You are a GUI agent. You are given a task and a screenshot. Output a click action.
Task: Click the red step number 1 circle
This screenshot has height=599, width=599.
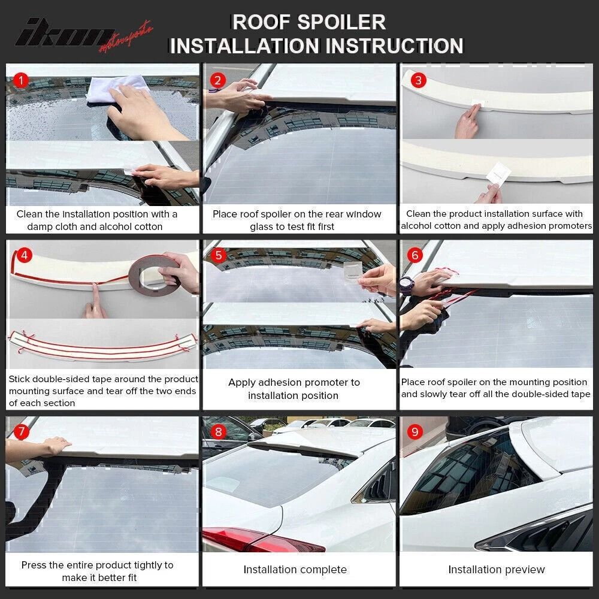[22, 80]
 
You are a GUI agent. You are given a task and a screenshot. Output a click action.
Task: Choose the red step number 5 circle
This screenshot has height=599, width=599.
[219, 255]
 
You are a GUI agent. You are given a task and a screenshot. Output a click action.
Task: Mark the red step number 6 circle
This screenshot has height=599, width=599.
[414, 255]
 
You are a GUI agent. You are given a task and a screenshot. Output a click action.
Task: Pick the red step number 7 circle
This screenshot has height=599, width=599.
[22, 431]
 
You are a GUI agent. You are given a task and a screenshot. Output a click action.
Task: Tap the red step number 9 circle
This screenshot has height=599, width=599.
[414, 431]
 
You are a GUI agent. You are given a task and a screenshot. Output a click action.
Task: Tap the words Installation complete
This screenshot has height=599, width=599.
[295, 570]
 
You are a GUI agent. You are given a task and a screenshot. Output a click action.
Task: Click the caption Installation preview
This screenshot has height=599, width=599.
[497, 570]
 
